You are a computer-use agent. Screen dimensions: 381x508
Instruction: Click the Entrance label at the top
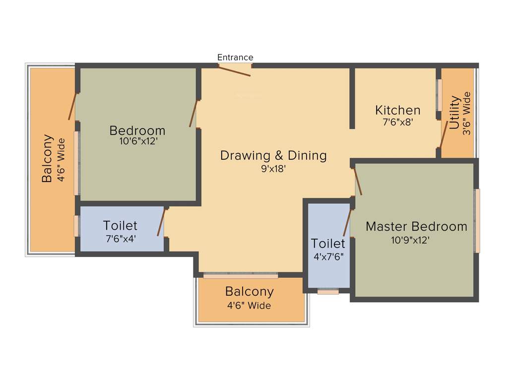pyautogui.click(x=235, y=58)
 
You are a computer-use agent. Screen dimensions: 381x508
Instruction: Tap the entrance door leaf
pyautogui.click(x=235, y=71)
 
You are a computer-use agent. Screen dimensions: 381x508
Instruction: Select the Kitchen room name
pyautogui.click(x=397, y=110)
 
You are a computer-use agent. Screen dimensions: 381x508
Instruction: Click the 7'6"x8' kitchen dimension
pyautogui.click(x=397, y=122)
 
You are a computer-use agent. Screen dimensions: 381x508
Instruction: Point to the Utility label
pyautogui.click(x=454, y=113)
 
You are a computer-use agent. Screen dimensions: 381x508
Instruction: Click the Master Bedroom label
pyautogui.click(x=416, y=227)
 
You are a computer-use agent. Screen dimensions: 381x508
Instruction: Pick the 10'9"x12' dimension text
pyautogui.click(x=410, y=240)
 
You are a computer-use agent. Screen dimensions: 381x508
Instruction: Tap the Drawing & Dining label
pyautogui.click(x=273, y=155)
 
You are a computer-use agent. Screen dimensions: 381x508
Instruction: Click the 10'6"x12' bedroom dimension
pyautogui.click(x=137, y=141)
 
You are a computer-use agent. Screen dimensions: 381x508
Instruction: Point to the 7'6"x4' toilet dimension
pyautogui.click(x=121, y=239)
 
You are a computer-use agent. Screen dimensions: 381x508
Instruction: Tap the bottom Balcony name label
pyautogui.click(x=249, y=291)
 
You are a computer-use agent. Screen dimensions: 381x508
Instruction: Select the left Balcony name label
pyautogui.click(x=47, y=159)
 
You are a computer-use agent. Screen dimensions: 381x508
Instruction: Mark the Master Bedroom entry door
pyautogui.click(x=357, y=181)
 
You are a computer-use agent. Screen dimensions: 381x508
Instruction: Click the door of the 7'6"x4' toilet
pyautogui.click(x=161, y=222)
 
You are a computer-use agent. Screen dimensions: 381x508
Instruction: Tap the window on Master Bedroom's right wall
pyautogui.click(x=477, y=221)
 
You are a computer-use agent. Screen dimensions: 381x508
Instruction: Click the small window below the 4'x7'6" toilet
pyautogui.click(x=328, y=292)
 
